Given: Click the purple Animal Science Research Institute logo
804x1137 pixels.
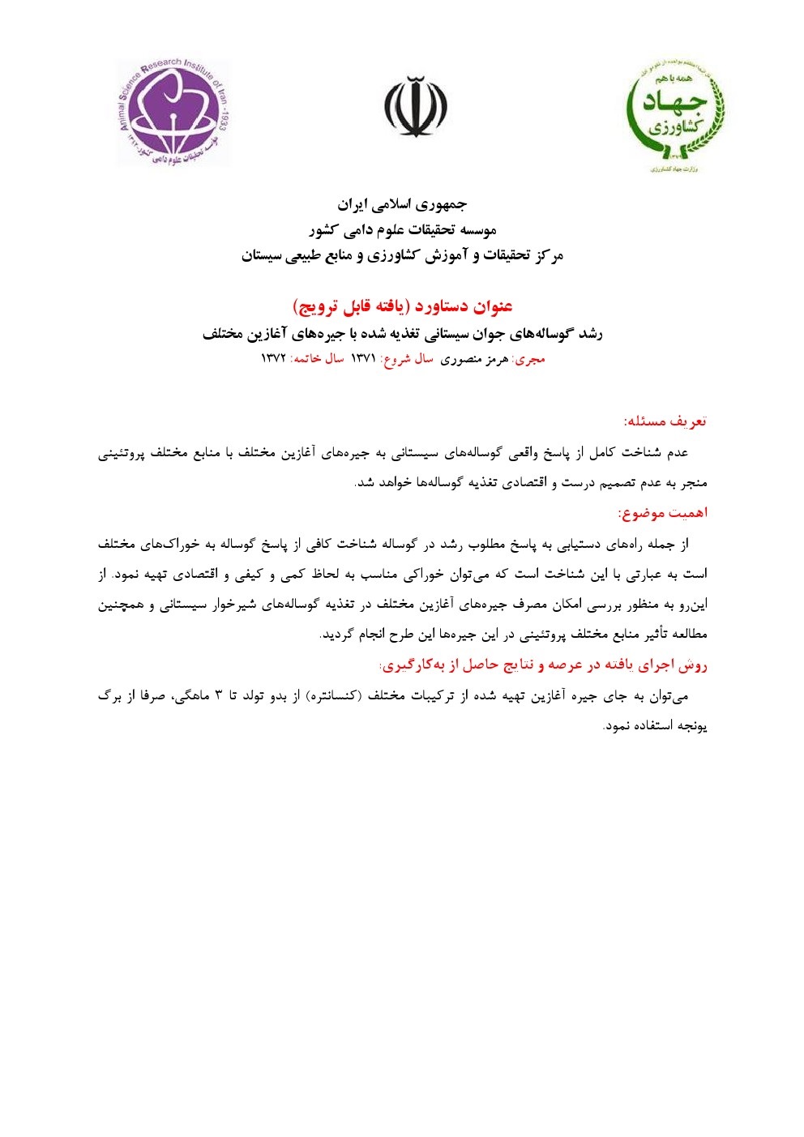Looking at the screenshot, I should [x=173, y=112].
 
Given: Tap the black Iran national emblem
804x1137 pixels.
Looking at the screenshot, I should [x=416, y=108].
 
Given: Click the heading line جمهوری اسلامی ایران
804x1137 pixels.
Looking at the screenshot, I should [x=402, y=203].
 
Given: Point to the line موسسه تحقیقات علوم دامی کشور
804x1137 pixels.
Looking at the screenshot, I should [x=402, y=230].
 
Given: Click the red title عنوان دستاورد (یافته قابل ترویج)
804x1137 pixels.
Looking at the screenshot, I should [x=402, y=306].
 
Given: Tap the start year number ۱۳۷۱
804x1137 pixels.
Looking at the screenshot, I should [x=363, y=359].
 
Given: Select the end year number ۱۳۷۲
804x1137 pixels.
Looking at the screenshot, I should [x=273, y=359].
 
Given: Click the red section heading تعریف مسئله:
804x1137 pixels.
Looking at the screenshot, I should [x=665, y=421].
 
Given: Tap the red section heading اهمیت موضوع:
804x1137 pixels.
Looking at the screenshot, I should [x=663, y=513].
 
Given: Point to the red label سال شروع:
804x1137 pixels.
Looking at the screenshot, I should [x=407, y=359].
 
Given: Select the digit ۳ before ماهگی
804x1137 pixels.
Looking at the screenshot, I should [x=218, y=696].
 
